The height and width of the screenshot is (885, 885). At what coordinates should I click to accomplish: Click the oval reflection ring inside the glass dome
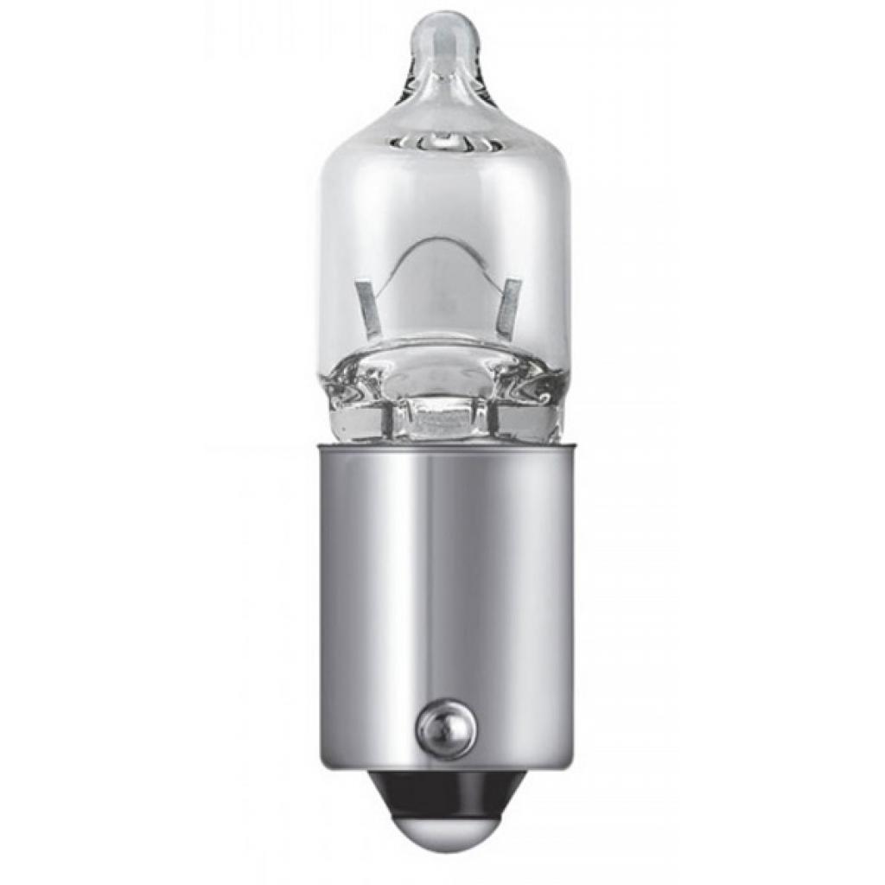click(441, 138)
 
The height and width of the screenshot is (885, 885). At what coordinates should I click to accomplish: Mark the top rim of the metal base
click(443, 446)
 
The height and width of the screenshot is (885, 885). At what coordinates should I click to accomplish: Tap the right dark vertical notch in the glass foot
click(493, 420)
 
